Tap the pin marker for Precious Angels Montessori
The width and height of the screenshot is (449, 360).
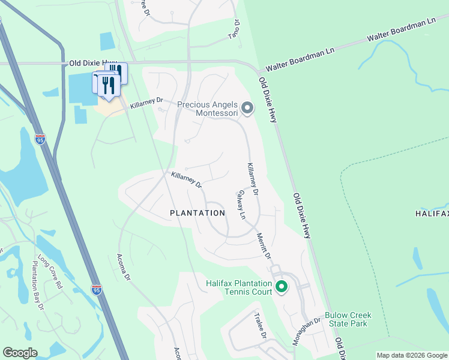[247, 109]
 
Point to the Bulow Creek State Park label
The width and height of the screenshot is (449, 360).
[348, 319]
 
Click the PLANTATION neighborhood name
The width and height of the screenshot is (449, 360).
[197, 213]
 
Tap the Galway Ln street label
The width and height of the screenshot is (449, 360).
[241, 204]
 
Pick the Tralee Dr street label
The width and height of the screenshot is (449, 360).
[259, 326]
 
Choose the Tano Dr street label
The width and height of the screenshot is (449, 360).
[237, 28]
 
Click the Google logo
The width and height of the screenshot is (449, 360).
[20, 353]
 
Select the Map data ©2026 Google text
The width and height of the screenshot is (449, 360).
[412, 355]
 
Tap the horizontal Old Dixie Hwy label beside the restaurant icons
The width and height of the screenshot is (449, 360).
[93, 62]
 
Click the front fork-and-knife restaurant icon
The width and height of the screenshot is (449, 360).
[108, 85]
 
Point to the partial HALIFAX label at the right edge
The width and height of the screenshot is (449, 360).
[432, 214]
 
